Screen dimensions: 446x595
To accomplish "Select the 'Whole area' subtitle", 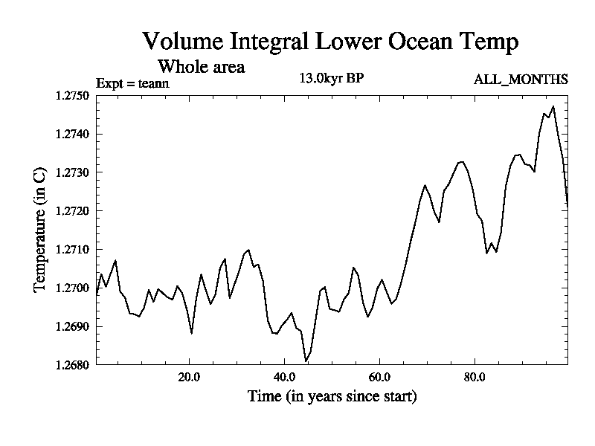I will pos(201,66).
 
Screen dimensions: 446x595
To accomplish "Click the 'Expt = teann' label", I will pos(133,83).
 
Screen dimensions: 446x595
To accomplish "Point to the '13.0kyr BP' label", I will pos(331,78).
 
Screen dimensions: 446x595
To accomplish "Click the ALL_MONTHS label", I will pos(521,80).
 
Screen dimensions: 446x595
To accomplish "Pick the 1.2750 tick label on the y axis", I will pos(72,95).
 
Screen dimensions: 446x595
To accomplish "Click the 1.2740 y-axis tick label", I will pos(72,134).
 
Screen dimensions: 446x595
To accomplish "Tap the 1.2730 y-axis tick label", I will pos(72,172).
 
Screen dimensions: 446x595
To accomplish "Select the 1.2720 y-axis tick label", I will pos(72,211).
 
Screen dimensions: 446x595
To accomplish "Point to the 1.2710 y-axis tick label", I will pos(72,249).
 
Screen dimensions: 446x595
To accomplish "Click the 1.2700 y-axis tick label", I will pos(72,288).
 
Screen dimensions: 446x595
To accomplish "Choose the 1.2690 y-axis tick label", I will pos(72,326).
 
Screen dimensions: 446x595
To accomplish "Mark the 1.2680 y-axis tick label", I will pos(72,365).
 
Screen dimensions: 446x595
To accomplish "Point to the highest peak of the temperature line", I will pos(553,106).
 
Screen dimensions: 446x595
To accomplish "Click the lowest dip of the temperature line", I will pos(306,361).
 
